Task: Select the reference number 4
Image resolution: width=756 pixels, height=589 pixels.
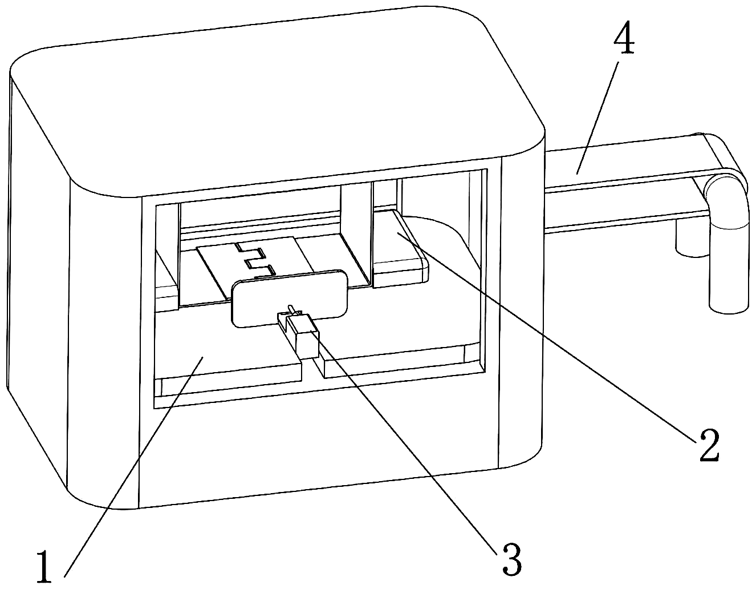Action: point(624,38)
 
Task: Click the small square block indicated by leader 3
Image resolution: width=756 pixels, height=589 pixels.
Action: point(306,343)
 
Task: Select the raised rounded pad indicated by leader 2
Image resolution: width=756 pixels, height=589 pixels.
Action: point(400,249)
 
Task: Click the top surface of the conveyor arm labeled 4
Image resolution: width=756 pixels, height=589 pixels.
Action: point(626,160)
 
